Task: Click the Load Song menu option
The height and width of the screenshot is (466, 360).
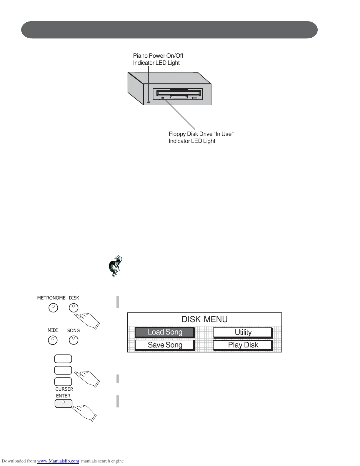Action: tap(165, 332)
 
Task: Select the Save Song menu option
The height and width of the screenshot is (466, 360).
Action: tap(165, 345)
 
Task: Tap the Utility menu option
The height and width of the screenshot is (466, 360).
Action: tap(243, 332)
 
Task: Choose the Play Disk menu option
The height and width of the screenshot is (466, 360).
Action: tap(243, 345)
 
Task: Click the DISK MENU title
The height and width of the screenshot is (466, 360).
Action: tap(204, 319)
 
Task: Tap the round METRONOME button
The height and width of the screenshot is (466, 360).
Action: tap(53, 308)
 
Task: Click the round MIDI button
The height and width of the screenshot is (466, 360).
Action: tap(53, 340)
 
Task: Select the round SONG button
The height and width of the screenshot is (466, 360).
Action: tap(74, 340)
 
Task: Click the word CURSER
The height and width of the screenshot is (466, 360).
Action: tap(64, 389)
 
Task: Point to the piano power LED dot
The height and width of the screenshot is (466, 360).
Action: tap(149, 102)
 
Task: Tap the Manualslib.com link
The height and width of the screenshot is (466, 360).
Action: tap(58, 461)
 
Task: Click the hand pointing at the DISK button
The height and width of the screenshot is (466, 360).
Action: tap(88, 321)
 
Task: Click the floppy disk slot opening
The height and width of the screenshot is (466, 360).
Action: tap(179, 93)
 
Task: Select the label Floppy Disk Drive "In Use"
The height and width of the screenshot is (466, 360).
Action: tap(201, 134)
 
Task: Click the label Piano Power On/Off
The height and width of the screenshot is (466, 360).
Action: tap(158, 56)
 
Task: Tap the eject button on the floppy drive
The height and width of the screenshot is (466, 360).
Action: tap(195, 98)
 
